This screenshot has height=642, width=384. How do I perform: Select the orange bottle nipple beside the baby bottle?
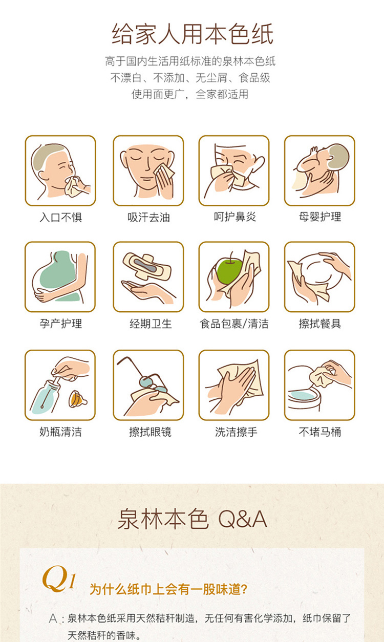(x=77, y=399)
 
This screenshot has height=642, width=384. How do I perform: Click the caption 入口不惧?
(x=61, y=217)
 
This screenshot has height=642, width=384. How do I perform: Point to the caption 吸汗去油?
(x=148, y=217)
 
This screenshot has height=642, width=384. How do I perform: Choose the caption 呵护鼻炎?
(x=234, y=217)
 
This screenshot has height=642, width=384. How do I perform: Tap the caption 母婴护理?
(x=320, y=217)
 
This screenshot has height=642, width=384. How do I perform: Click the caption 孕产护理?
(x=61, y=324)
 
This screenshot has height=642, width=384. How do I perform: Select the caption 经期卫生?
(x=151, y=324)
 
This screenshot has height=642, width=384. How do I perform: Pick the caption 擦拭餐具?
(x=320, y=324)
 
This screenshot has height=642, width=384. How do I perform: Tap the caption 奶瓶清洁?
(x=60, y=432)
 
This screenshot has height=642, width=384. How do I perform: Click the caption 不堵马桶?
(x=320, y=432)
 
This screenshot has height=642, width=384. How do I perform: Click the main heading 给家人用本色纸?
(x=193, y=34)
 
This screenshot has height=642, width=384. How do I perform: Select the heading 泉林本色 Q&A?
(x=193, y=519)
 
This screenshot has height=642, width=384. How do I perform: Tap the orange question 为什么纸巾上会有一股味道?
(x=168, y=589)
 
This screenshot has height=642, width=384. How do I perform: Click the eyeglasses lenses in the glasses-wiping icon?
(x=153, y=385)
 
